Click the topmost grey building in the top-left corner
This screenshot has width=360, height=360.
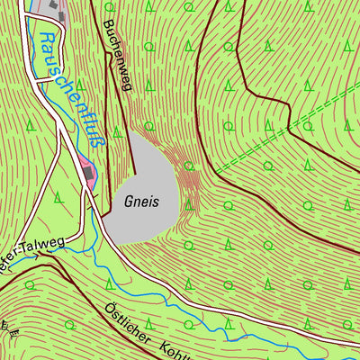(x=56, y=6)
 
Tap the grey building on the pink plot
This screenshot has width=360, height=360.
(x=87, y=167)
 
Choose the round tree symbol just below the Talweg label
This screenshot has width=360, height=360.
(x=29, y=284)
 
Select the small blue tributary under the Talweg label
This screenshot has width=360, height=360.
(x=27, y=258)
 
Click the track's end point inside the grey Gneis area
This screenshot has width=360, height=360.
(x=134, y=174)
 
